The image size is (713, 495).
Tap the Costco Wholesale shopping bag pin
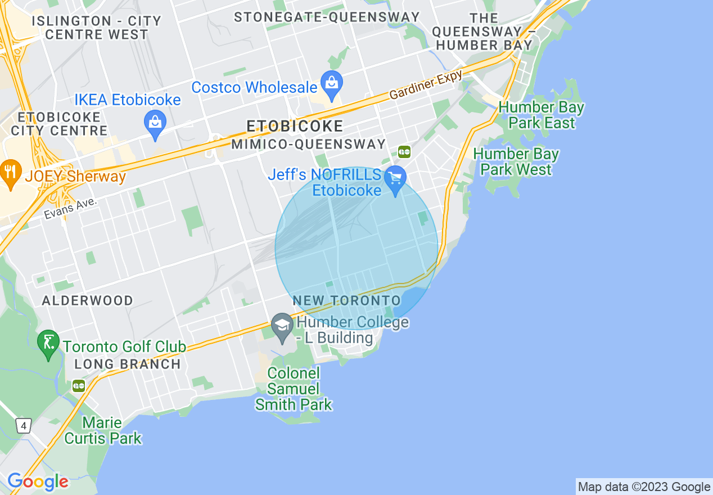(x=332, y=83)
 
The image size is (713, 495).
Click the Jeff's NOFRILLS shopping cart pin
(x=396, y=179)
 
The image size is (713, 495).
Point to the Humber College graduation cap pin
(x=282, y=326)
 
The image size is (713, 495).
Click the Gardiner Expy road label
(x=426, y=85)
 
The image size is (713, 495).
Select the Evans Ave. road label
(x=71, y=208)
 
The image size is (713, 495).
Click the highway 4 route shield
(x=22, y=426)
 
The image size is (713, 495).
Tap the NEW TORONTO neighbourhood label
(x=346, y=301)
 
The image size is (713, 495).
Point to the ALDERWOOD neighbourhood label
(x=88, y=300)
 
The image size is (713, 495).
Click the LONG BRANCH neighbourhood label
(x=128, y=364)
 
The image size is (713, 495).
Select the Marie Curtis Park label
(x=103, y=430)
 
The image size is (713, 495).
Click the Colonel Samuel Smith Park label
(x=294, y=389)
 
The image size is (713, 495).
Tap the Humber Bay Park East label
(x=541, y=115)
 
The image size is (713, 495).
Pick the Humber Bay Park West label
(x=516, y=161)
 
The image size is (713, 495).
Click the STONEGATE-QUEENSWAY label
(x=327, y=17)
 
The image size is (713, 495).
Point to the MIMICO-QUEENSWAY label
(x=309, y=145)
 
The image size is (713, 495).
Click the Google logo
(x=38, y=482)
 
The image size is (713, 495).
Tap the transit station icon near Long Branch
(x=79, y=386)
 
